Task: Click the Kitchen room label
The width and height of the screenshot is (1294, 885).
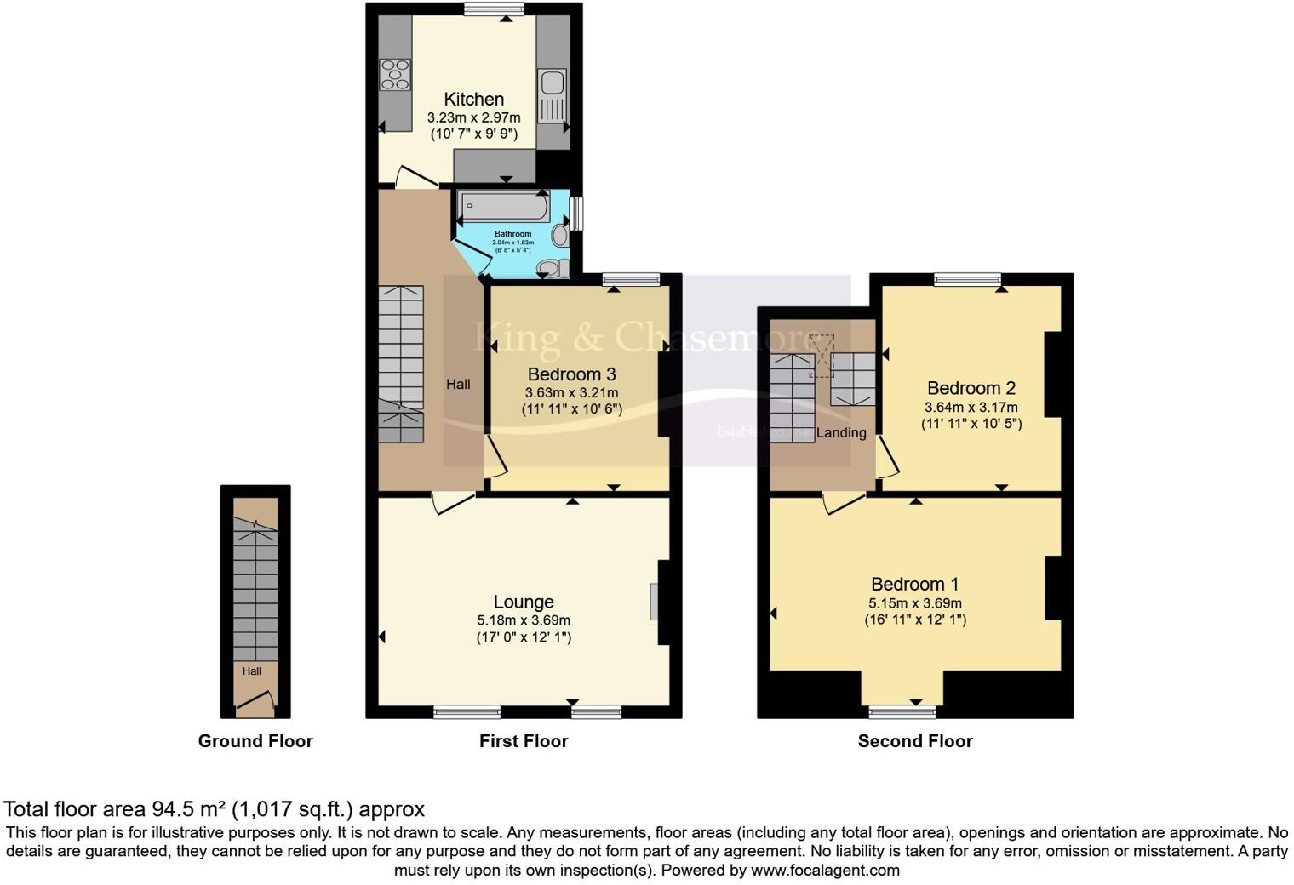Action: point(473,100)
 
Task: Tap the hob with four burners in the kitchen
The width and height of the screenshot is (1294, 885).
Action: point(395,74)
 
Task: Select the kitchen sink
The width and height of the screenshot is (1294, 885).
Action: point(551,83)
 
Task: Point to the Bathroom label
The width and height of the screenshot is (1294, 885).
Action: point(512,234)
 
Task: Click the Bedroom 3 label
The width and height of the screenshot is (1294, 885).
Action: point(571,374)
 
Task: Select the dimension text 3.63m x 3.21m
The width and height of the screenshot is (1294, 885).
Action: point(571,392)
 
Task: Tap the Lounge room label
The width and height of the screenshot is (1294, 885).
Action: point(524,602)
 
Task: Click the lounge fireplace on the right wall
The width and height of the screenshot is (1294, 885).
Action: point(654,601)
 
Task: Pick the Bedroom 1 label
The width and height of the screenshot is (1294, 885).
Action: point(914,585)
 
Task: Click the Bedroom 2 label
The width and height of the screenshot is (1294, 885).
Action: point(970,389)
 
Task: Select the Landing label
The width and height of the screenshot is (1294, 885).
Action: point(841,433)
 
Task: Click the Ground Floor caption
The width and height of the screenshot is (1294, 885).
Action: point(255,741)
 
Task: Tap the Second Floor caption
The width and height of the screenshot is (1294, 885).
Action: point(914,741)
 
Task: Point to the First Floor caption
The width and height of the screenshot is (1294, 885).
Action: point(524,741)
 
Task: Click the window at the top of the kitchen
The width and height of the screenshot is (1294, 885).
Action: point(494,9)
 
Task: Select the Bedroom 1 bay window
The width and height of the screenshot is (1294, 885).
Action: point(902,711)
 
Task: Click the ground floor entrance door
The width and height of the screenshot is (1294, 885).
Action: point(255,702)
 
